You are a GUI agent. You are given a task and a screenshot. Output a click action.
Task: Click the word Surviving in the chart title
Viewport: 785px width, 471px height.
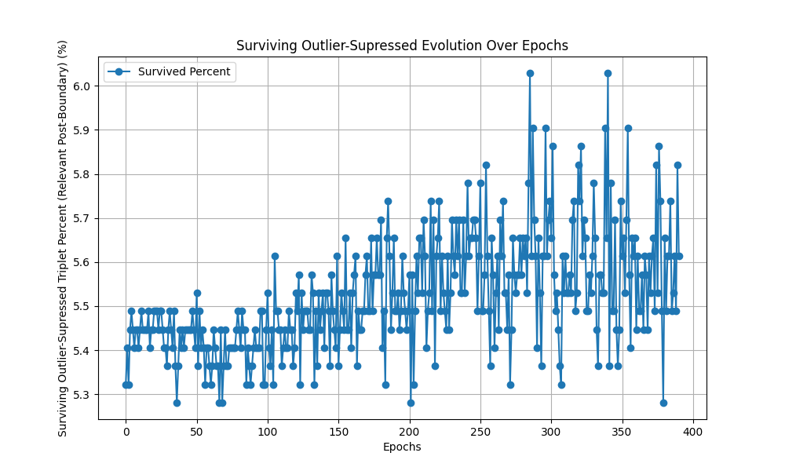pos(264,46)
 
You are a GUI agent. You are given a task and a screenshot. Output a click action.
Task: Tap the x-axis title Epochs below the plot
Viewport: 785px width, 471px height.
pos(402,447)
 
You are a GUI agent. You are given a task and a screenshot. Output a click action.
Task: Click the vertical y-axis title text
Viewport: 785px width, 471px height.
pos(63,239)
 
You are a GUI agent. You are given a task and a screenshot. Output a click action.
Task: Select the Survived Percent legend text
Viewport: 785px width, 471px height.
pos(184,72)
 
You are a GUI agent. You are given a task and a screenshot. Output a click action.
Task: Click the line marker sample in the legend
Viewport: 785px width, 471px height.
pos(119,72)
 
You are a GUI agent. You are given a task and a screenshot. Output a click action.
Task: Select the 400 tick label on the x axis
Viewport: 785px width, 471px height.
pos(693,430)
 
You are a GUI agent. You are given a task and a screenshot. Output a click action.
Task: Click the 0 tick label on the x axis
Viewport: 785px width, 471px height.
pos(126,430)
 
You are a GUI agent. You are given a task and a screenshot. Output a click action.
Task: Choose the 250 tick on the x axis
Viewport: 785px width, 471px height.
pos(480,430)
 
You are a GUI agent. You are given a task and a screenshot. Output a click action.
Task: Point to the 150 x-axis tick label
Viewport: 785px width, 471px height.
pos(338,430)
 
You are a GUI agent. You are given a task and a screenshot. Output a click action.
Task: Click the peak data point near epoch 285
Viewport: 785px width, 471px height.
pos(530,73)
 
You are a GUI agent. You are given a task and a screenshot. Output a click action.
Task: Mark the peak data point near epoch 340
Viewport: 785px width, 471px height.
pos(608,73)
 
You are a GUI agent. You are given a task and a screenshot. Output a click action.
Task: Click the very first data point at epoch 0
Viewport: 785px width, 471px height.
pos(126,385)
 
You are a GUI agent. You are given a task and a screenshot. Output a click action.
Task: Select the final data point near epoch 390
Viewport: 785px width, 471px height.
pos(679,256)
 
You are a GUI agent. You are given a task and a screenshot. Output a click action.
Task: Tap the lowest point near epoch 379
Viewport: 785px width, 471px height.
pos(663,403)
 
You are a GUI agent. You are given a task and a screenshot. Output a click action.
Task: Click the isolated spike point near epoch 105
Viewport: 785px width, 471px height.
pos(275,256)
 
